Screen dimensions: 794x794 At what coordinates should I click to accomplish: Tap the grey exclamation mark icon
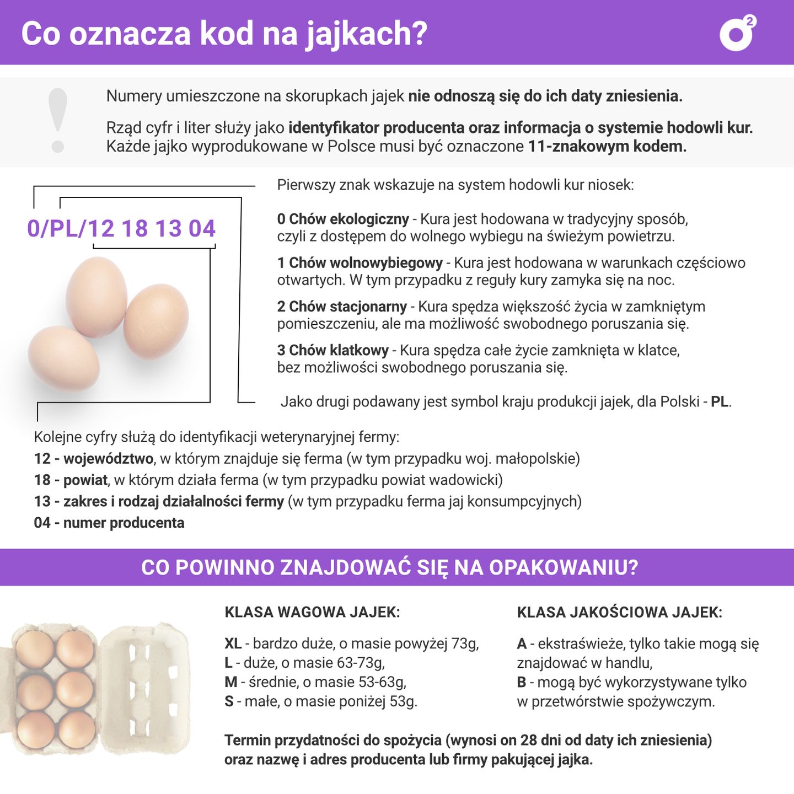[x=57, y=120]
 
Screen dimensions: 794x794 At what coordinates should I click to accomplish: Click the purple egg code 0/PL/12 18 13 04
[x=121, y=228]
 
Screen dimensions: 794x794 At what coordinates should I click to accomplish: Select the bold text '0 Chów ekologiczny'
[x=343, y=219]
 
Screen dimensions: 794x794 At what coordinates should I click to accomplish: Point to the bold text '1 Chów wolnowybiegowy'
[x=360, y=262]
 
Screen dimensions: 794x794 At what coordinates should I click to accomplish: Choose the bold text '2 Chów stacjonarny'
[x=342, y=307]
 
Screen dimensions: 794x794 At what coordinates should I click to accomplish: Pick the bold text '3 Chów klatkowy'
[x=333, y=350]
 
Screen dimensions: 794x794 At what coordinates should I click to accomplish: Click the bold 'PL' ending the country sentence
[x=720, y=401]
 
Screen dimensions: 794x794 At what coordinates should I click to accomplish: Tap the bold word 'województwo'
[x=108, y=458]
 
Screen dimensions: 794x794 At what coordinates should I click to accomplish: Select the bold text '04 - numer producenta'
[x=109, y=523]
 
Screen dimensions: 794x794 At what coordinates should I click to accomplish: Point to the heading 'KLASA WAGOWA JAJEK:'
[x=312, y=612]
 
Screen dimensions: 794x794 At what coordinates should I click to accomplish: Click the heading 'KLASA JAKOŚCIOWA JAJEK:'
[x=619, y=612]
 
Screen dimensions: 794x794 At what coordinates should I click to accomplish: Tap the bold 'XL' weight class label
[x=233, y=643]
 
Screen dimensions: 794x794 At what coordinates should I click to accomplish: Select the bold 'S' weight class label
[x=229, y=701]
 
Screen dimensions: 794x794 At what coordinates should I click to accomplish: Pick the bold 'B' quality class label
[x=521, y=682]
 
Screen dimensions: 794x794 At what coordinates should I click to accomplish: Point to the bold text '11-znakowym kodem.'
[x=607, y=147]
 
